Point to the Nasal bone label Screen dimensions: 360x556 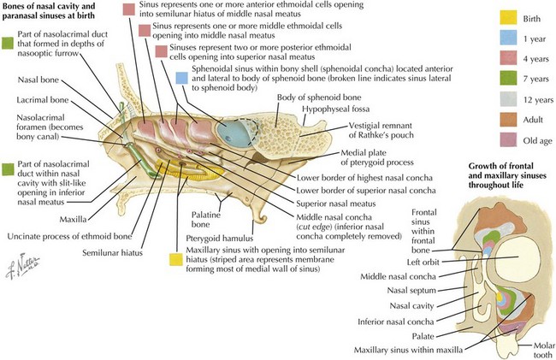(x=38, y=79)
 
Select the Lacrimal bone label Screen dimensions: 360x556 (x=44, y=100)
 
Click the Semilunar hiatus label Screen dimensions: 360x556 (x=116, y=252)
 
